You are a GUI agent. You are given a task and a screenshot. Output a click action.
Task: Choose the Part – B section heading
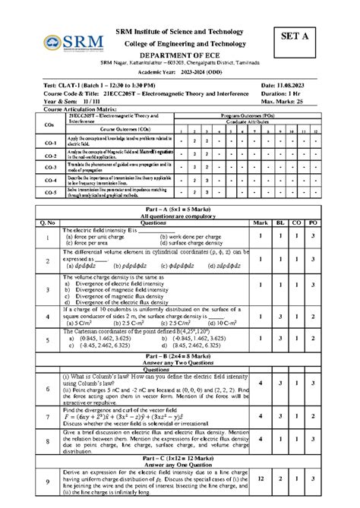pyautogui.click(x=180, y=355)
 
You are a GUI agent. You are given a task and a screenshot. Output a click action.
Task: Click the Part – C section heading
pyautogui.click(x=180, y=458)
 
